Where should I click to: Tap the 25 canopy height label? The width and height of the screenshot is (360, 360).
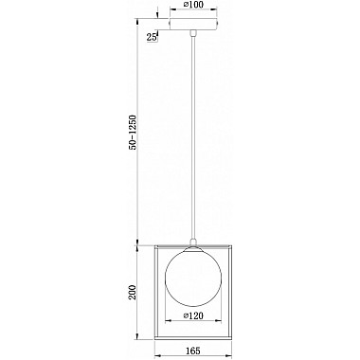tap(153, 37)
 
